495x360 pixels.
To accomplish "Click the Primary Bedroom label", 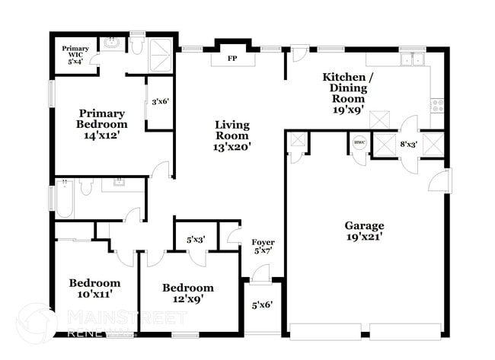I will [101, 124].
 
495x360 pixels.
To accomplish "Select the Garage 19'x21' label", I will [364, 231].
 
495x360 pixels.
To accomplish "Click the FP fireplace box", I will [232, 58].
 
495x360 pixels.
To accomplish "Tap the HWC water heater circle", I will [359, 142].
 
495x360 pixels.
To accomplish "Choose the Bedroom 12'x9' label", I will [187, 293].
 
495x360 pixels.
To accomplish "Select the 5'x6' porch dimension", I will [263, 306].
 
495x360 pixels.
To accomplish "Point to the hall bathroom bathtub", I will [65, 199].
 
